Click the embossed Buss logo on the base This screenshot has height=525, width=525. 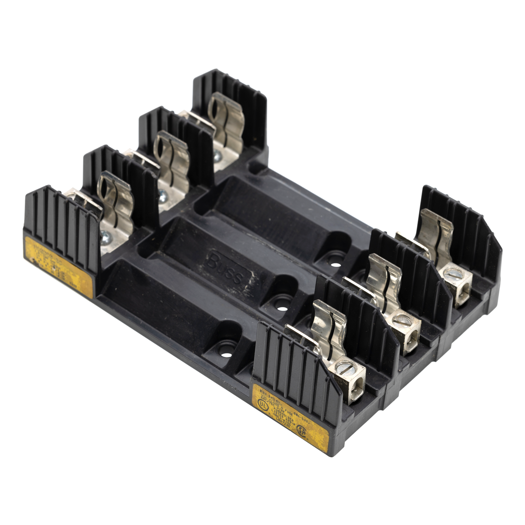(227, 266)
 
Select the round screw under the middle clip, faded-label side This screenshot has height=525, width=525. (163, 193)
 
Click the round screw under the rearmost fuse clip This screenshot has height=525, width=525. (217, 154)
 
